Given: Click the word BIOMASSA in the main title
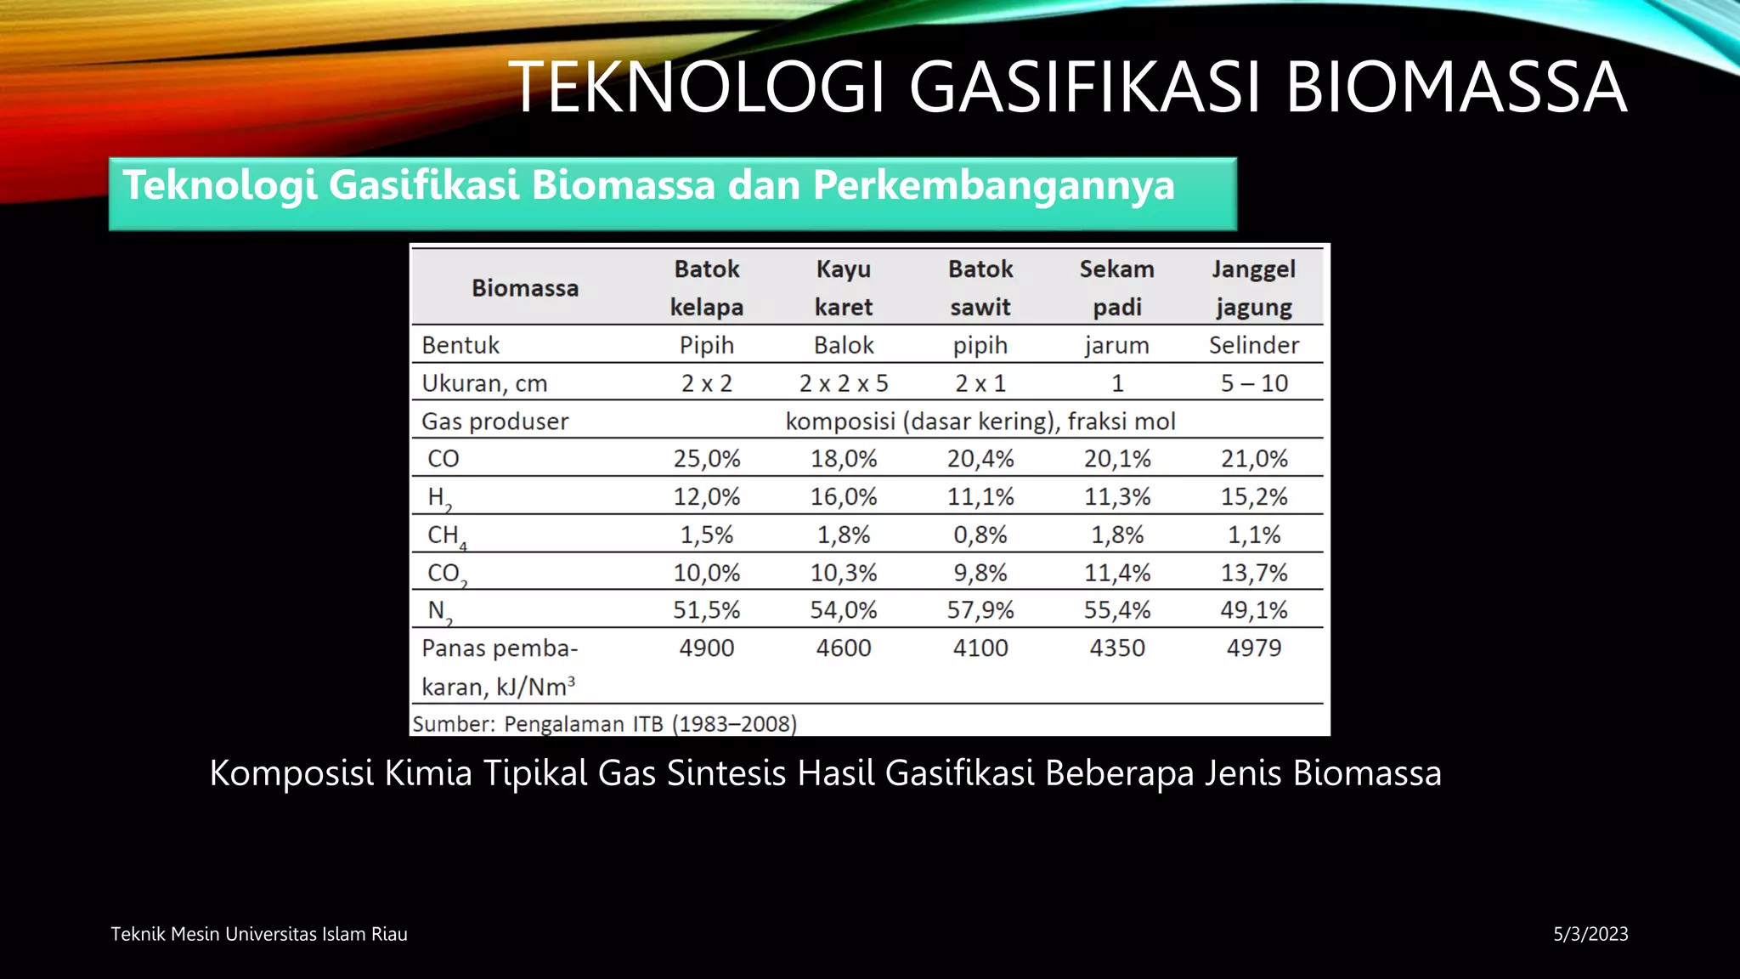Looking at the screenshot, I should tap(1455, 87).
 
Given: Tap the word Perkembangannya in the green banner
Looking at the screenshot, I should tap(993, 185).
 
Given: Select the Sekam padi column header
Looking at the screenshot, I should tap(1116, 287).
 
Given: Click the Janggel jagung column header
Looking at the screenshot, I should tap(1253, 287).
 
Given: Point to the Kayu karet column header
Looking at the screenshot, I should tap(843, 287).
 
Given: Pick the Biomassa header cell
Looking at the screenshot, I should tap(525, 288).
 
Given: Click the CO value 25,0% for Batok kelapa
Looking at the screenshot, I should tap(706, 459).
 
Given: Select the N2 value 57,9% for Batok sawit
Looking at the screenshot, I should tap(980, 610).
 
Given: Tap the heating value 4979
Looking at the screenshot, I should tap(1253, 648).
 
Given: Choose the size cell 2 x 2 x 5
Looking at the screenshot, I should tap(843, 383).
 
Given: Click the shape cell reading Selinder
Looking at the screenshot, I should tap(1253, 345).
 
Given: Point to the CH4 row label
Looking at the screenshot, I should tap(446, 535).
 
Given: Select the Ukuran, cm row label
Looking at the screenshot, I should tap(484, 383).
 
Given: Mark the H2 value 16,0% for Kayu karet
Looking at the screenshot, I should tap(843, 496).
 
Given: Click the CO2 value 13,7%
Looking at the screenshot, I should tap(1253, 573).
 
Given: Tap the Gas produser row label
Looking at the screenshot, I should tap(494, 422).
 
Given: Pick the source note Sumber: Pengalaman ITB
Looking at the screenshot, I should tap(604, 724).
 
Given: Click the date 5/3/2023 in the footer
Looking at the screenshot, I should tap(1590, 934).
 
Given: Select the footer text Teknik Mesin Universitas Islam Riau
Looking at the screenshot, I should tap(259, 934).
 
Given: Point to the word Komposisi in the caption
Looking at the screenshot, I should tap(291, 773).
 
